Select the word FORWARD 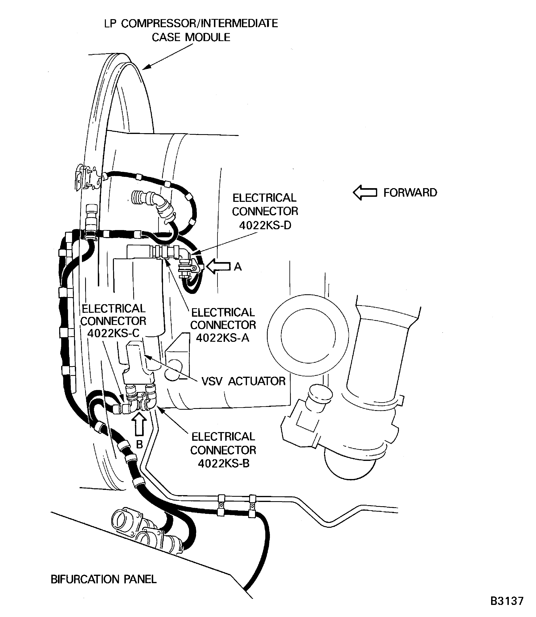(410, 193)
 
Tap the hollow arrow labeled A (218, 266)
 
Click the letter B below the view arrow (139, 445)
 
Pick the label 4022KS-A (223, 338)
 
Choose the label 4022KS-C (113, 333)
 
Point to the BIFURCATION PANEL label (104, 579)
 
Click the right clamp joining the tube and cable (252, 506)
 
